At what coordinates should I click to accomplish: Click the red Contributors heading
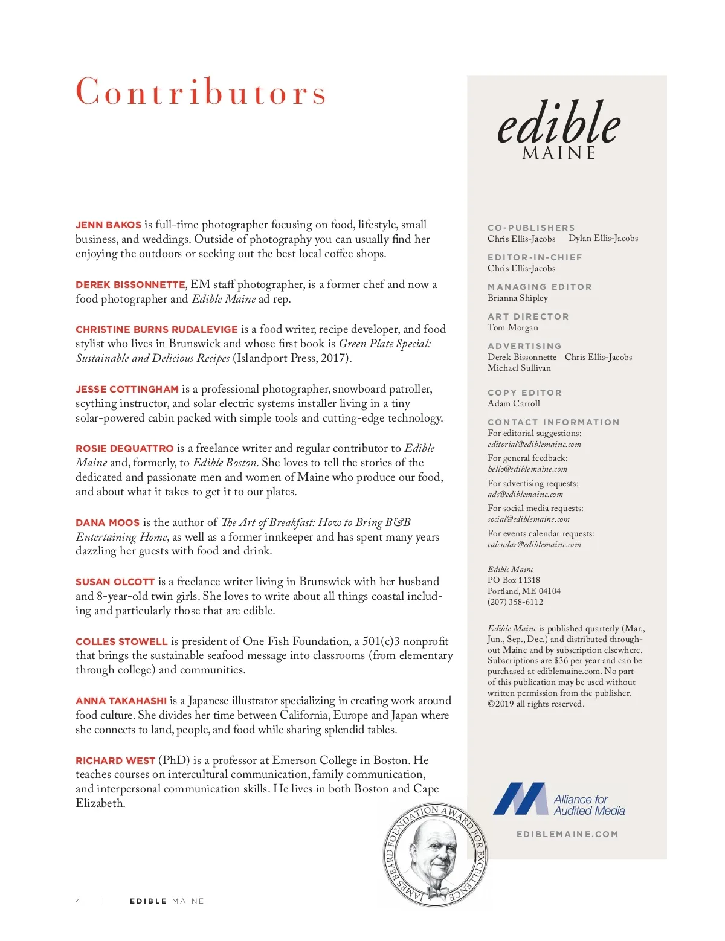coord(201,92)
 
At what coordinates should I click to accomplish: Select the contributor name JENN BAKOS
coord(108,225)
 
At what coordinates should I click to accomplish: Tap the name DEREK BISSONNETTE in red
coord(130,285)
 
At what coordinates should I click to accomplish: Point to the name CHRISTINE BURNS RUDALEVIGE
coord(156,330)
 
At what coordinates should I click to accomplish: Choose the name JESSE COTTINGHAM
coord(127,390)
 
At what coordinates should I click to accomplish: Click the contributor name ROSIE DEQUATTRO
coord(124,449)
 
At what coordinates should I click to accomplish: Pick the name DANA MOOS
coord(108,523)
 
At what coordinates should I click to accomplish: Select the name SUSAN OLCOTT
coord(115,582)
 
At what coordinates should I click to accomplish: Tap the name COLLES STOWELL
coord(121,642)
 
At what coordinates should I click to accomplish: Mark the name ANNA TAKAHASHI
coord(121,701)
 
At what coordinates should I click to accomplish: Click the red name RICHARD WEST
coord(115,761)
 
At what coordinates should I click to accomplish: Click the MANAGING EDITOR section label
coord(540,287)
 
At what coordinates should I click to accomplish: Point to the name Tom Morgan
coord(512,327)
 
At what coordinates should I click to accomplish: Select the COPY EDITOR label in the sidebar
coord(524,393)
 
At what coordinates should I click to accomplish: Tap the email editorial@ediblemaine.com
coord(534,445)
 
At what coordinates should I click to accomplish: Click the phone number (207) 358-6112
coord(515,602)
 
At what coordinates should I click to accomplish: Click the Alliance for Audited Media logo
coord(559,800)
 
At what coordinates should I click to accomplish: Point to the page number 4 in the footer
coord(78,901)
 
